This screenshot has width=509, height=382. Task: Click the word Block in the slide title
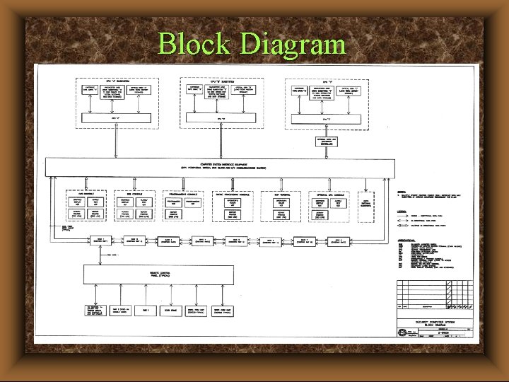[196, 44]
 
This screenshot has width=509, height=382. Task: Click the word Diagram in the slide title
[293, 44]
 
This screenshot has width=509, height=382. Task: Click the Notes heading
[401, 191]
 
